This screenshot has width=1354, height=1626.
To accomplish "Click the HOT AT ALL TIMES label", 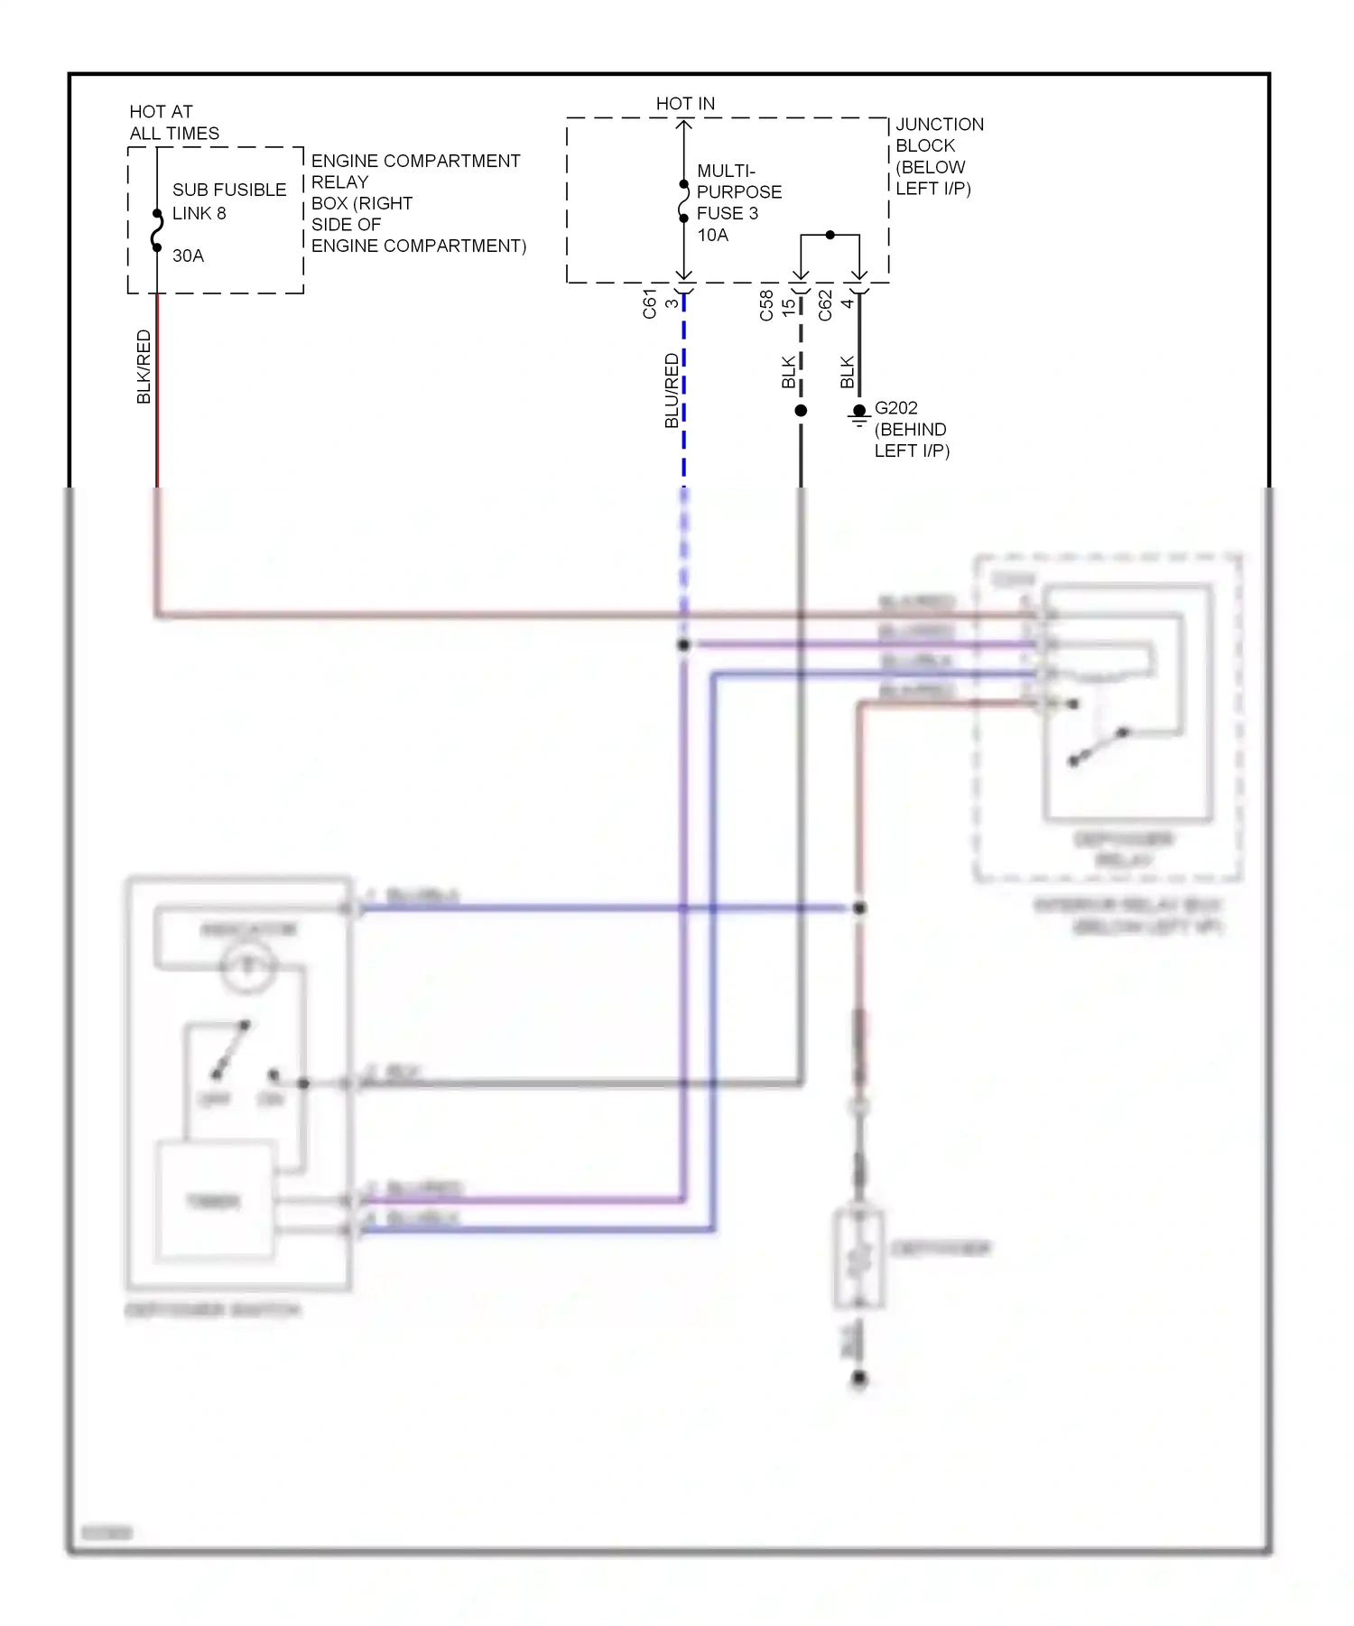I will click(x=173, y=123).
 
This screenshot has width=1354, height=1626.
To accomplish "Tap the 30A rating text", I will click(x=188, y=256).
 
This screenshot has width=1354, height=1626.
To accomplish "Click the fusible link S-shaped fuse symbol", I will click(x=157, y=230).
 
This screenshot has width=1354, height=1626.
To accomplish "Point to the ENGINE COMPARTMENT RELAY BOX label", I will click(x=417, y=203).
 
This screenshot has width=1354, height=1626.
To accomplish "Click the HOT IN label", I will click(x=685, y=104).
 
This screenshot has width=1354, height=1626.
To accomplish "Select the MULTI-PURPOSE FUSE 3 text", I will click(x=738, y=192).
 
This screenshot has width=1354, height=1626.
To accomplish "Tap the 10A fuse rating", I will click(x=712, y=236).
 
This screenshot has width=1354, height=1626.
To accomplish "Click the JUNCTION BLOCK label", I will click(x=939, y=156).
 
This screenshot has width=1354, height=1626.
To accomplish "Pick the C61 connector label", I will click(x=650, y=304).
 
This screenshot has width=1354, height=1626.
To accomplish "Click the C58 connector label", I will click(x=766, y=304).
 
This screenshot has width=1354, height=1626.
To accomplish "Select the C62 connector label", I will click(x=825, y=304).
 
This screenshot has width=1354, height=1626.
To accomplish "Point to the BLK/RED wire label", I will click(x=144, y=367).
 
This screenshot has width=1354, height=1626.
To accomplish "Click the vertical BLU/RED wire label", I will click(x=672, y=390).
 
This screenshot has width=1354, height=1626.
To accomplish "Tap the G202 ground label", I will click(x=895, y=408).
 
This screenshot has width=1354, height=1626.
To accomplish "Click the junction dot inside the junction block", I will click(x=830, y=235).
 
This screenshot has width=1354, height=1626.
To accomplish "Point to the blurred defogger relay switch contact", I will click(x=1099, y=747).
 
